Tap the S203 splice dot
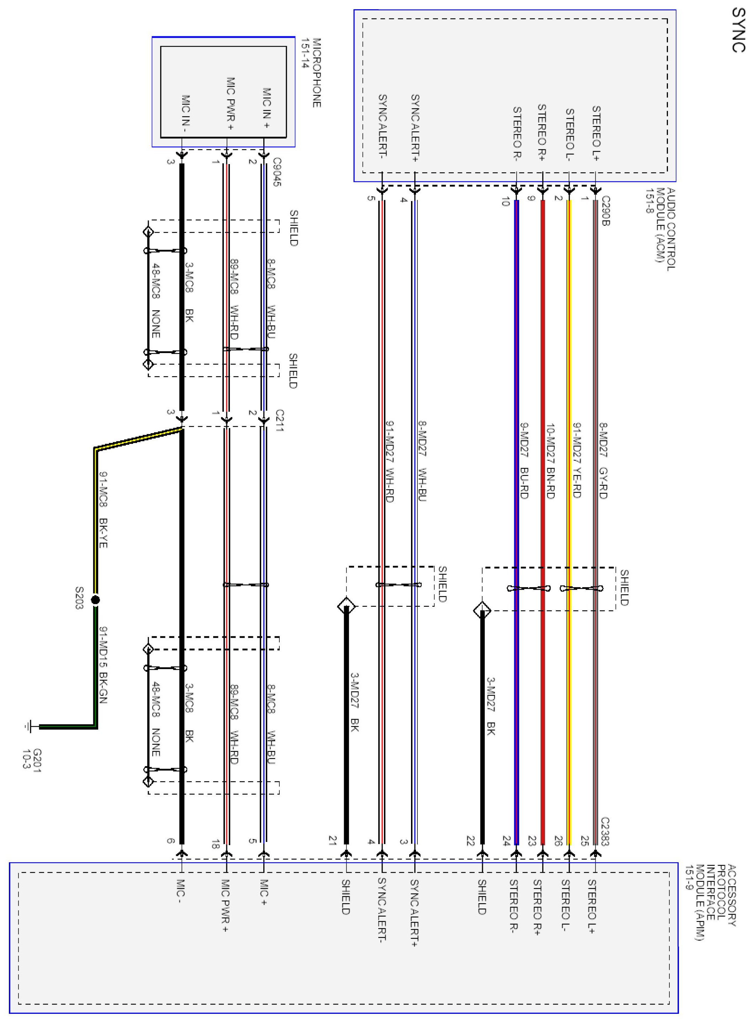pos(95,600)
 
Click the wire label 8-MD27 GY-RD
pos(603,460)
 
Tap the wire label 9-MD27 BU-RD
pos(524,460)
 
